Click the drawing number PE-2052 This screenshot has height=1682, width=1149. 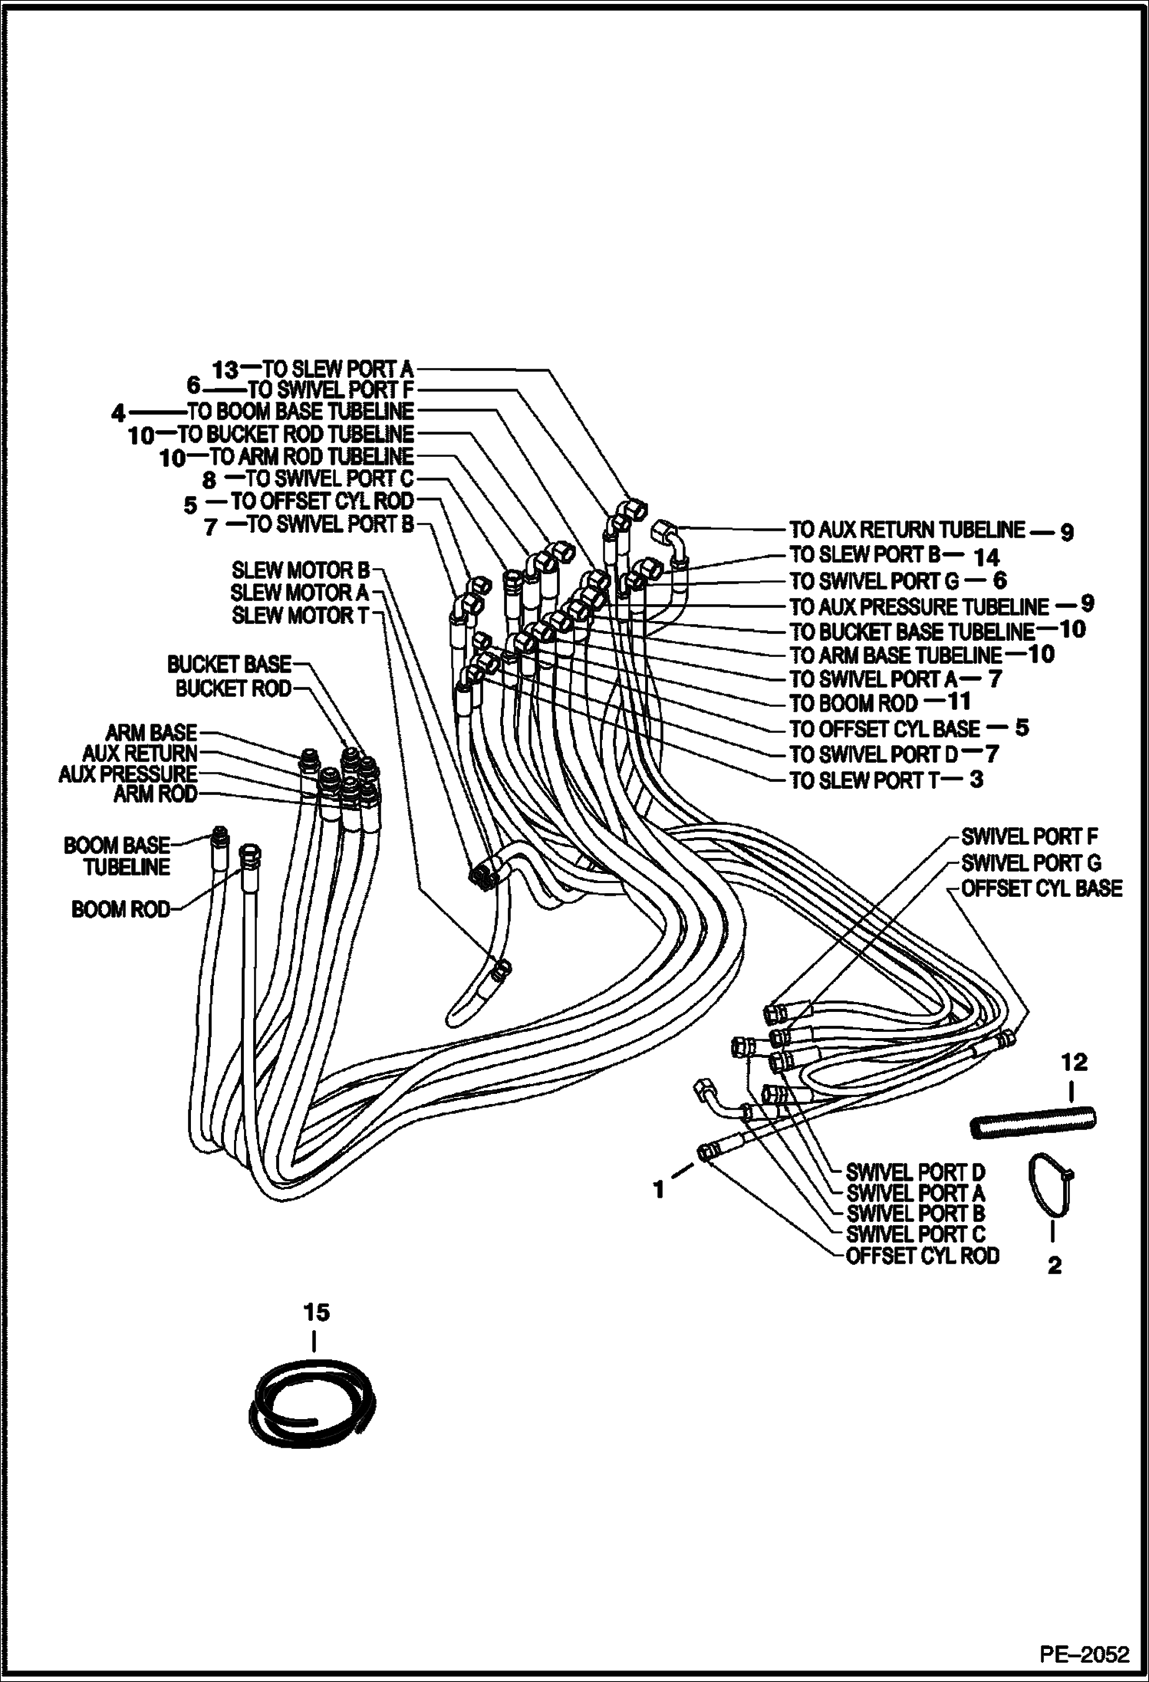point(1085,1654)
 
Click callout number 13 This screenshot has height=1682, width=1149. point(226,370)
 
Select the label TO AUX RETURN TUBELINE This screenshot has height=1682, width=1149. point(907,530)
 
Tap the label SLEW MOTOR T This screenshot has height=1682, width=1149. point(301,616)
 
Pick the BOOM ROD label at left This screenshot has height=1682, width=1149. point(120,910)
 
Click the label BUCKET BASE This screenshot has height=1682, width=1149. point(229,664)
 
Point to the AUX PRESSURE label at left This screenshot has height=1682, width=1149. point(128,774)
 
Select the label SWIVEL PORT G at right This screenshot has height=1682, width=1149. point(1031,863)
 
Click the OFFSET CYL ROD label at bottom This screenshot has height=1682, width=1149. point(922,1256)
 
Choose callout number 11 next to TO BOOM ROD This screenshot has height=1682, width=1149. point(959,701)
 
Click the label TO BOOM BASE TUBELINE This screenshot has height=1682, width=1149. point(300,412)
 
